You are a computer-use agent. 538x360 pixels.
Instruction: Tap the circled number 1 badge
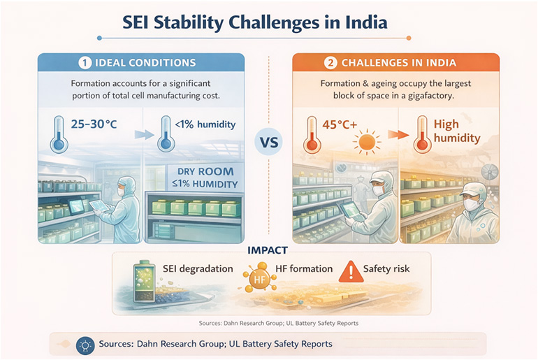point(85,63)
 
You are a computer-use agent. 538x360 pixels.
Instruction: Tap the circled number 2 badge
point(330,63)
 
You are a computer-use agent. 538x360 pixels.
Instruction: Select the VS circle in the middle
point(269,142)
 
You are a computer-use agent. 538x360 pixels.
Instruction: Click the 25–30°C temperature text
point(94,124)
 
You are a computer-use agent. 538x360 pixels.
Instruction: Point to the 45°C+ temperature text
point(340,124)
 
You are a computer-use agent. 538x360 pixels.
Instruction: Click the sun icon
point(367,141)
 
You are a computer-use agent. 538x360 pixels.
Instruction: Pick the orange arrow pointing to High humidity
point(398,134)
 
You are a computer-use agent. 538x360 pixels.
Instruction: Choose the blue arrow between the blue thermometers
point(144,134)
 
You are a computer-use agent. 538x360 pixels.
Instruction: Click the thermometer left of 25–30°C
point(59,134)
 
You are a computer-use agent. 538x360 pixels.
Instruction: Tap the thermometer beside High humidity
point(422,134)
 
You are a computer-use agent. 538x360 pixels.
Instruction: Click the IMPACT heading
point(268,250)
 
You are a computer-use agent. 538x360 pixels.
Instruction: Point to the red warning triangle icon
point(351,272)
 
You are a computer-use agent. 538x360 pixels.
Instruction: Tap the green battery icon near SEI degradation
point(144,281)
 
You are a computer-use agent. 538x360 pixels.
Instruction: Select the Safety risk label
point(386,268)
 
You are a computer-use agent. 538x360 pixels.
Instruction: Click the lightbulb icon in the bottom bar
point(85,345)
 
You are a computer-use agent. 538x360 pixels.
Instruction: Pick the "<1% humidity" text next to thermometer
point(205,124)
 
